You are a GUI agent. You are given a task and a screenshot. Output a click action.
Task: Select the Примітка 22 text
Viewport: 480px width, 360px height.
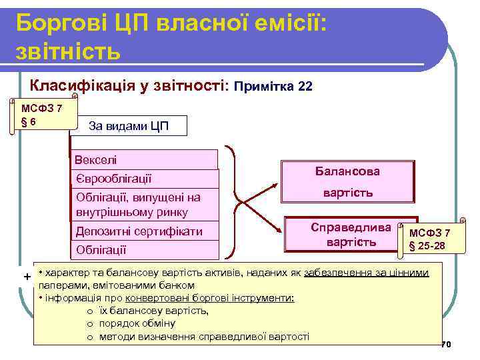pyautogui.click(x=273, y=87)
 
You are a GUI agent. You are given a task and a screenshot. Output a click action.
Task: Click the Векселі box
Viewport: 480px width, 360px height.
pyautogui.click(x=144, y=160)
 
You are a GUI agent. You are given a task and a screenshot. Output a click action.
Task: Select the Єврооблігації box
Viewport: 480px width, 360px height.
pyautogui.click(x=144, y=179)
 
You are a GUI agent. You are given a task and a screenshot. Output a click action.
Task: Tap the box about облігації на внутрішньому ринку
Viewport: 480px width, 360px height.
pyautogui.click(x=144, y=205)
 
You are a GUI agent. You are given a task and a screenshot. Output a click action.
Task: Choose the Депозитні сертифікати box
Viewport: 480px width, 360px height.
pyautogui.click(x=144, y=231)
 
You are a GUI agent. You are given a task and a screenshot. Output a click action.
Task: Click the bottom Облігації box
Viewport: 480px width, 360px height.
pyautogui.click(x=144, y=250)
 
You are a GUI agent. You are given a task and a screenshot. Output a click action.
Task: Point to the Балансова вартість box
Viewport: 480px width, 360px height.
pyautogui.click(x=347, y=181)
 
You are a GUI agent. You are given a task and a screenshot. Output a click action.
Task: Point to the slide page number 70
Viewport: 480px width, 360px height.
pyautogui.click(x=446, y=345)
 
